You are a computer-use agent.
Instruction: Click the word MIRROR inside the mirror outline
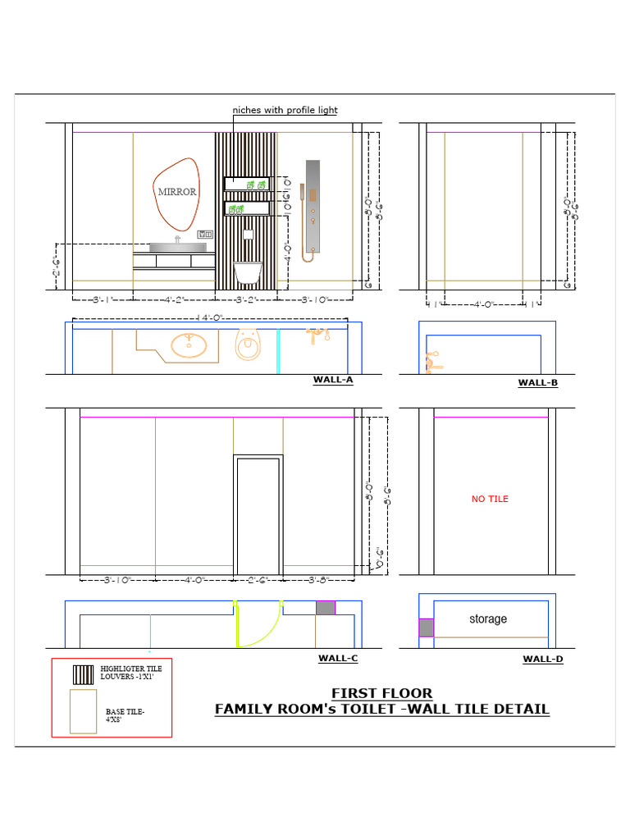point(177,192)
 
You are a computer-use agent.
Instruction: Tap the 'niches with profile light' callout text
point(285,110)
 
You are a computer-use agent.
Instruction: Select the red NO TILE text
point(490,499)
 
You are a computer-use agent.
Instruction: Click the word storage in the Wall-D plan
point(488,619)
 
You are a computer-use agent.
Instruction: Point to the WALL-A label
point(332,380)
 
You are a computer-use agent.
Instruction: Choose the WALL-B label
point(537,382)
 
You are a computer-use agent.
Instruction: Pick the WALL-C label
point(337,658)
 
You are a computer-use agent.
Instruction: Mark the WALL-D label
point(542,659)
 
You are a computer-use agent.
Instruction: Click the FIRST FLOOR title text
point(381,693)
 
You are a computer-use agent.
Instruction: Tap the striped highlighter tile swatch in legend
point(83,674)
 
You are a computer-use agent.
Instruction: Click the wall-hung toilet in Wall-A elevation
point(247,272)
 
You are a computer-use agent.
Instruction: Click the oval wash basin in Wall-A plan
point(189,345)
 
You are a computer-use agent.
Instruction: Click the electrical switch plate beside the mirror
point(204,235)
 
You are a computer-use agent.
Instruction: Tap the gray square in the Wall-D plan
point(426,628)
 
